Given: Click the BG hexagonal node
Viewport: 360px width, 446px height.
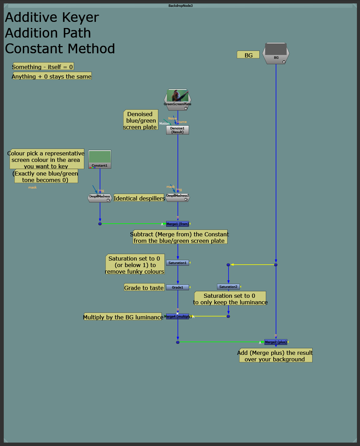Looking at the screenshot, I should click(x=276, y=53).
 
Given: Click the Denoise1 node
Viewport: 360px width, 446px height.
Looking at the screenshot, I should click(x=177, y=130).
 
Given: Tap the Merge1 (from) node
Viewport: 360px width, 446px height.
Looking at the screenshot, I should click(x=177, y=224).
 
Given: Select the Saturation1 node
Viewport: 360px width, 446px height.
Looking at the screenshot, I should click(x=177, y=263).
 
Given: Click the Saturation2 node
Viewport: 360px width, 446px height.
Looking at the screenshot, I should click(x=228, y=287).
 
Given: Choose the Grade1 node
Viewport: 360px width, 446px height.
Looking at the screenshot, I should click(x=177, y=287).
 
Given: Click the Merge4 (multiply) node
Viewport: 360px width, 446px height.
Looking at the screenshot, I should click(x=177, y=316).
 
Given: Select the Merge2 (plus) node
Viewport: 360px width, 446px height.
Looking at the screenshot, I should click(x=276, y=342).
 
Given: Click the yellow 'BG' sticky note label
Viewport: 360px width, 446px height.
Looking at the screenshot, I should click(x=248, y=55).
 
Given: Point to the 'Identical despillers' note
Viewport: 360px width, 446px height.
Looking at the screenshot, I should click(x=139, y=198).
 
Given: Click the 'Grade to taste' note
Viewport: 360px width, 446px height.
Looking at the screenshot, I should click(x=144, y=288).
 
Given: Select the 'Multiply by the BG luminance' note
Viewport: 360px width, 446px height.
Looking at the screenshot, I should click(x=123, y=317).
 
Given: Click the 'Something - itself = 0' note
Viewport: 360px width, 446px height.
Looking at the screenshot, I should click(x=43, y=67).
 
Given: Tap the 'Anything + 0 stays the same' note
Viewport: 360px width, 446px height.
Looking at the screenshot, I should click(x=52, y=76).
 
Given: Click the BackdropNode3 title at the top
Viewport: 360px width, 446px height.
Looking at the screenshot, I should click(x=180, y=5).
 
